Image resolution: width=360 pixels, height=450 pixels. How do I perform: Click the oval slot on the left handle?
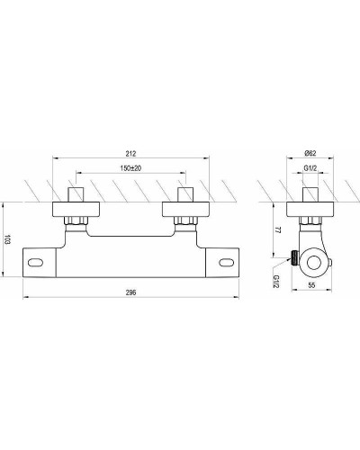(x=39, y=263)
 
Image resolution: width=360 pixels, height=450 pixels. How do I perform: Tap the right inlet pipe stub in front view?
(x=186, y=193)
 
